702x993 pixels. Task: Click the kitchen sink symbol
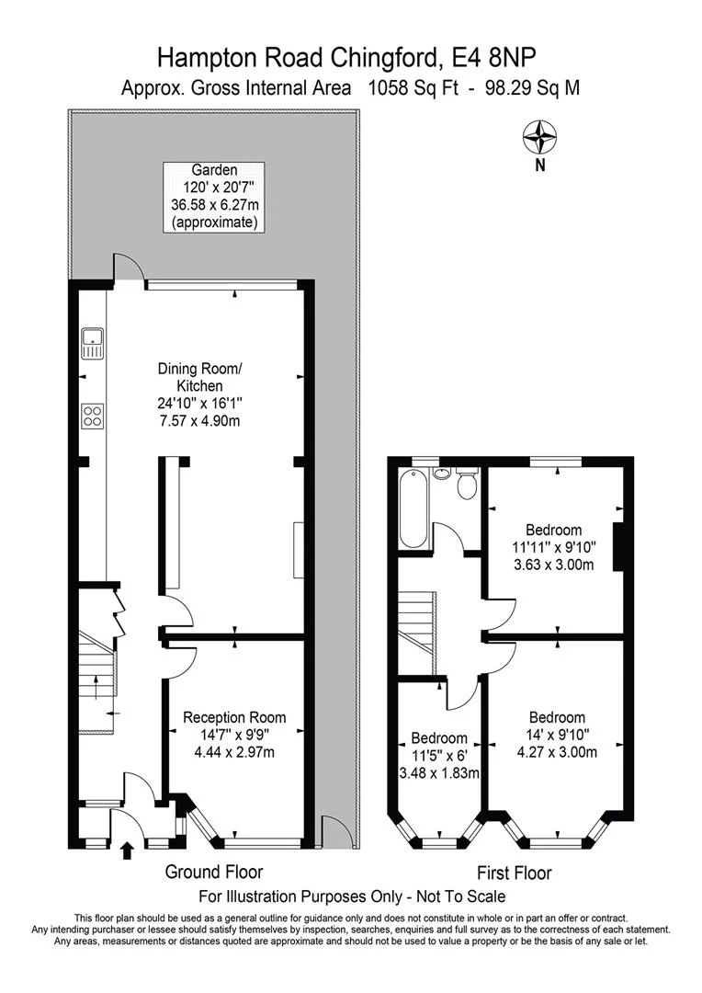(x=92, y=343)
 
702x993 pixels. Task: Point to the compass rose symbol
(x=539, y=137)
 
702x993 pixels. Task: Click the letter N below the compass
(x=540, y=165)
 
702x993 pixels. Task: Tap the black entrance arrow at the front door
(x=127, y=850)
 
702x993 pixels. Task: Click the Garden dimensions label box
(x=214, y=197)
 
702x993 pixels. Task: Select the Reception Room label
(x=234, y=717)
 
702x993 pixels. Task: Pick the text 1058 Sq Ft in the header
(x=413, y=87)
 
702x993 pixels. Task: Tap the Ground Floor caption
(x=214, y=872)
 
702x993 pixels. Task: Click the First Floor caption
(x=514, y=873)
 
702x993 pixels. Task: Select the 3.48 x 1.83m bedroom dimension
(x=438, y=772)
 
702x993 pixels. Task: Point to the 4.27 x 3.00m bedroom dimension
(x=557, y=752)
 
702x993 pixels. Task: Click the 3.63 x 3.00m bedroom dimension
(x=554, y=565)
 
